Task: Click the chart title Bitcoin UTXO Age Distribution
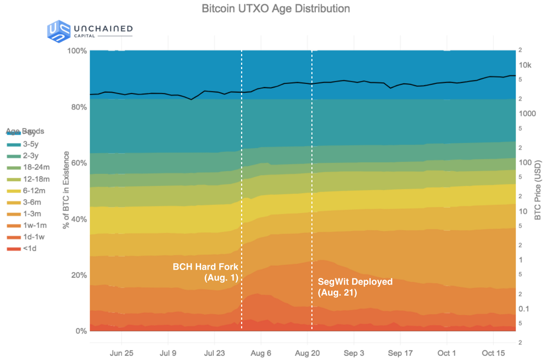click(275, 9)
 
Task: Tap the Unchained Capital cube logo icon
click(59, 31)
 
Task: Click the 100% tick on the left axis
click(77, 51)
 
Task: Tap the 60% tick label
click(79, 163)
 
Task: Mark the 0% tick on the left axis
click(81, 331)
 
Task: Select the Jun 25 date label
click(122, 353)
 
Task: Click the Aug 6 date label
click(261, 353)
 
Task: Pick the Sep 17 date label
click(400, 353)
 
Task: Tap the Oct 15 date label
click(493, 353)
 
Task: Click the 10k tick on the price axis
click(525, 65)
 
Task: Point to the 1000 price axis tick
click(527, 114)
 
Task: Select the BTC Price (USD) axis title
click(538, 190)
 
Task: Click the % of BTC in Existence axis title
click(66, 190)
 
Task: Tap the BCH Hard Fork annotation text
click(206, 272)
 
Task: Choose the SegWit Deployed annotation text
click(355, 287)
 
